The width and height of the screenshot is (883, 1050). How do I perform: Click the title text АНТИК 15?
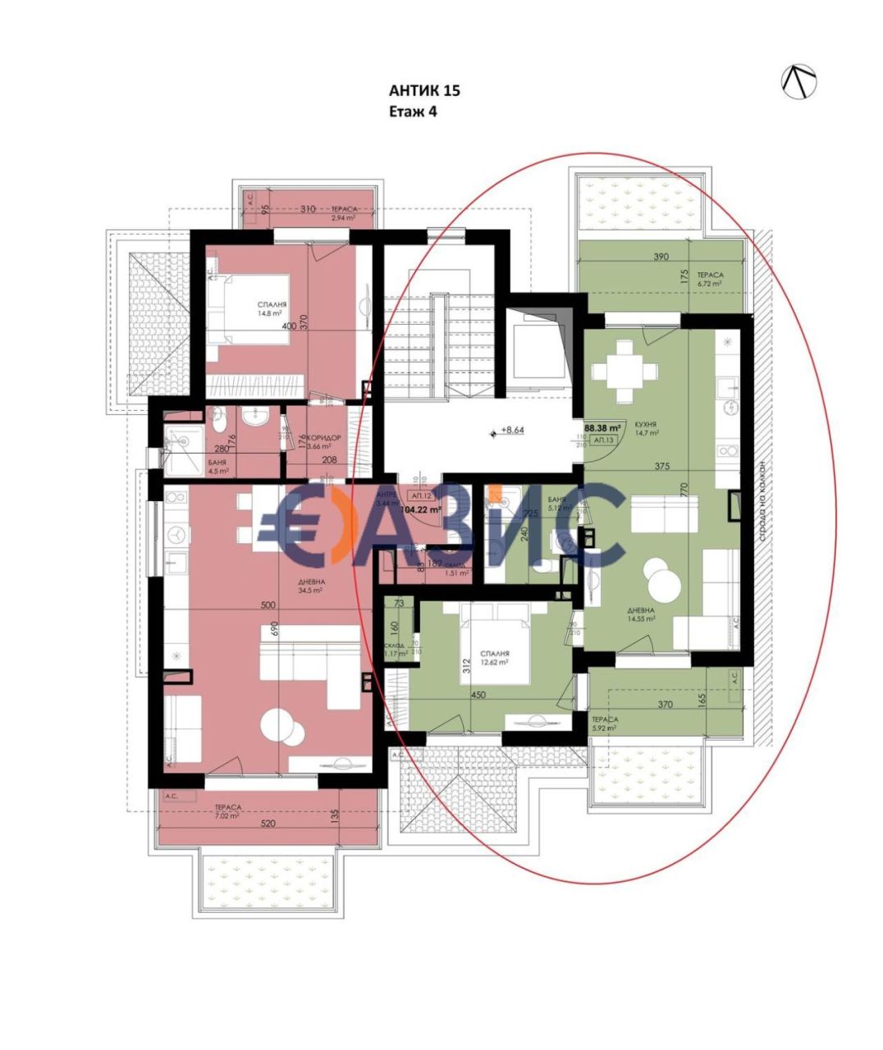pos(424,90)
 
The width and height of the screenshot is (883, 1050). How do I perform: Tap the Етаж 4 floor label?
pos(413,112)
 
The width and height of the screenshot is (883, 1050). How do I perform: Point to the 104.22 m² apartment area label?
pos(419,509)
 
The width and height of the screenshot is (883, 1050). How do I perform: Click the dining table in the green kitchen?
pos(625,373)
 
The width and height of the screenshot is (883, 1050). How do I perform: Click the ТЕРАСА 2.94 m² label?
pos(342,213)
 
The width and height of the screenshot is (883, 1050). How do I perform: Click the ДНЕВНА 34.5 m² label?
pos(312,586)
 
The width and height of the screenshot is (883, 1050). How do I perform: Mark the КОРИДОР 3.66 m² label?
pos(321,441)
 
